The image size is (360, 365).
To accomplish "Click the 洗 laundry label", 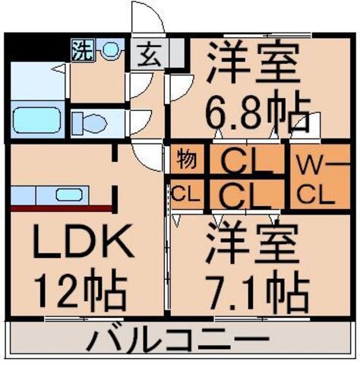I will [x=81, y=51].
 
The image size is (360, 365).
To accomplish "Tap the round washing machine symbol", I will [x=111, y=51].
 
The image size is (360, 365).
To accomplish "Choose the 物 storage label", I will [x=187, y=160].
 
